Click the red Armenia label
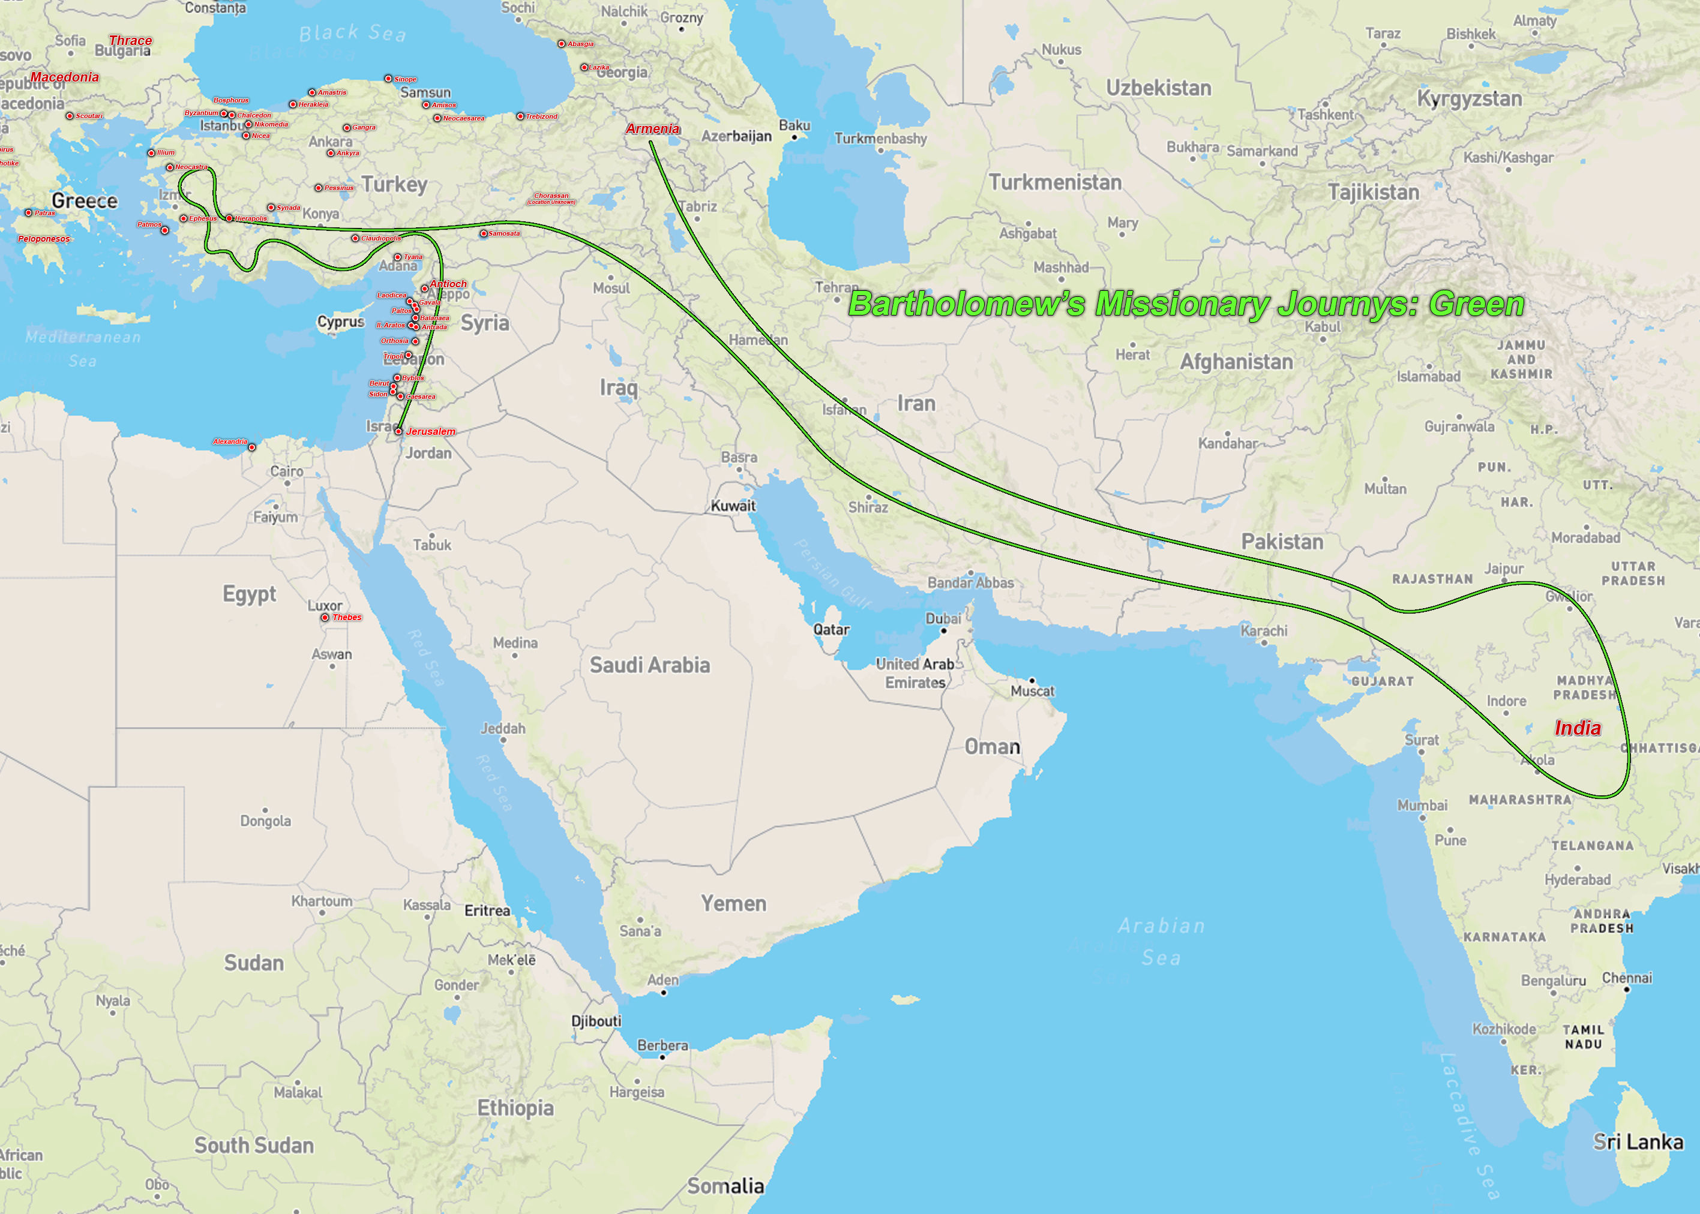tap(652, 128)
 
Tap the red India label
tap(1578, 728)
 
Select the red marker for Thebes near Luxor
tap(325, 617)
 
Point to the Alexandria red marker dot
tap(252, 447)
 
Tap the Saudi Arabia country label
tap(649, 665)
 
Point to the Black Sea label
tap(352, 33)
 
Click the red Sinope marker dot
tap(388, 79)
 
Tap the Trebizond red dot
tap(520, 116)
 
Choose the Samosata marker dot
tap(483, 233)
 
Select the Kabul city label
tap(1323, 327)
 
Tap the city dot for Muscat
tap(1032, 680)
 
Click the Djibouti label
tap(596, 1020)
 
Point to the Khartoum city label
tap(322, 901)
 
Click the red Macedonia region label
tap(64, 77)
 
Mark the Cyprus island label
tap(340, 321)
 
